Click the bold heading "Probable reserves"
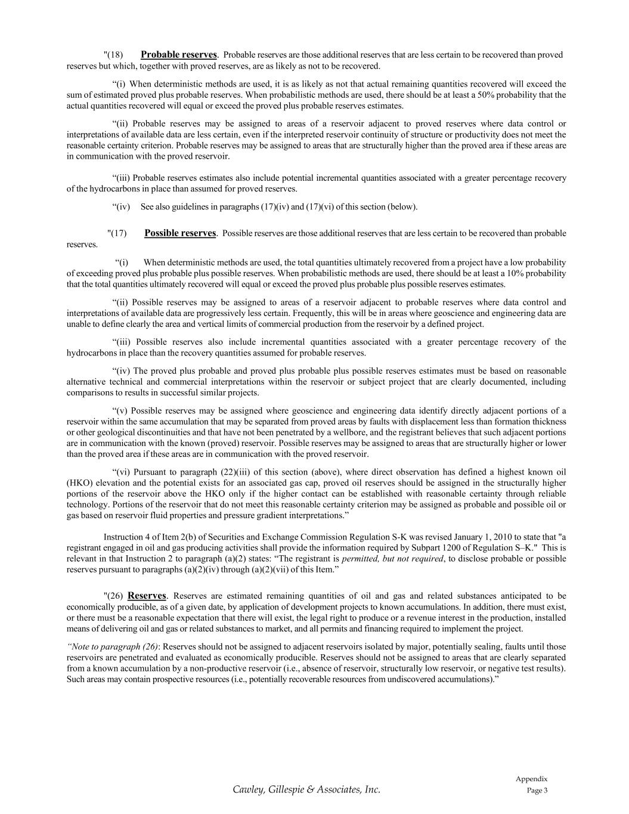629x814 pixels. (179, 55)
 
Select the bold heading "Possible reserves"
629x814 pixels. (180, 233)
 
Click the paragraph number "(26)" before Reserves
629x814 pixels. (113, 596)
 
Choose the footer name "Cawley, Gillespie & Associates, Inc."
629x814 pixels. (306, 790)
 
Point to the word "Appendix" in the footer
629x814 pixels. (531, 779)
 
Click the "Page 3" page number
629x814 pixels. (537, 791)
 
